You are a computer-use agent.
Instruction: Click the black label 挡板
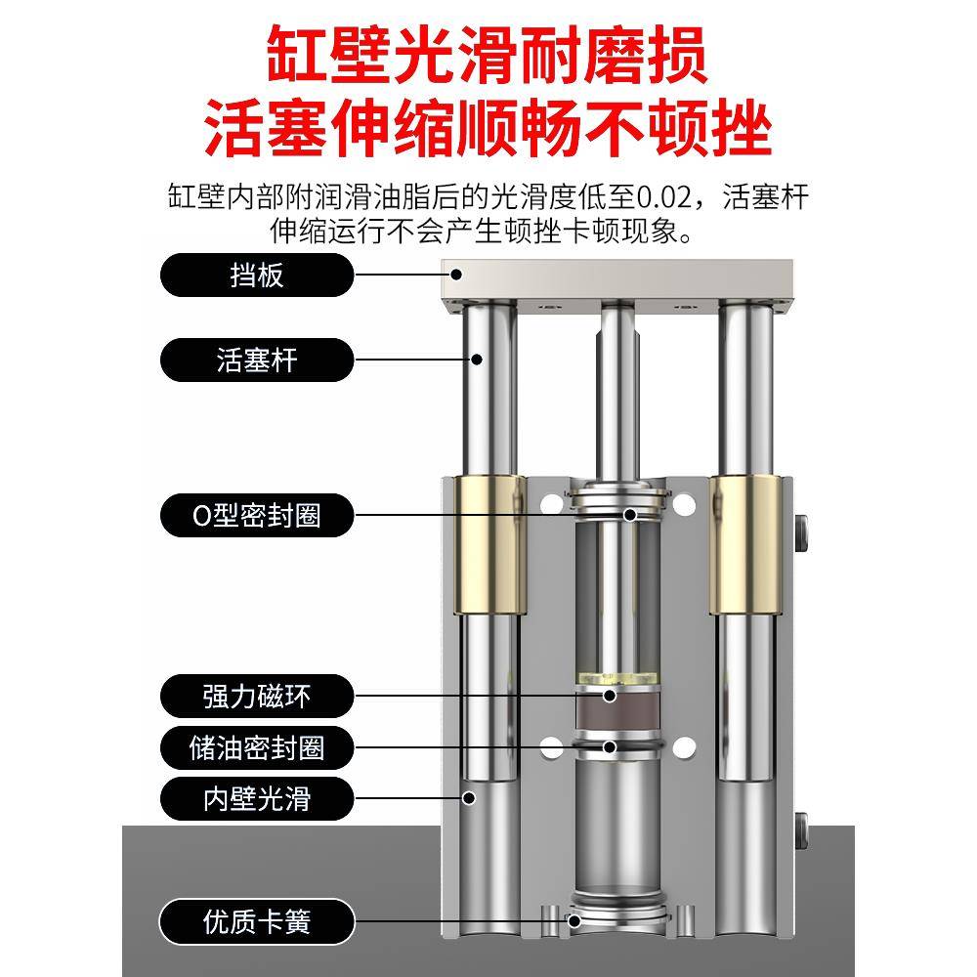pyautogui.click(x=256, y=275)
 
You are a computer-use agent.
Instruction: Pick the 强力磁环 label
pyautogui.click(x=256, y=697)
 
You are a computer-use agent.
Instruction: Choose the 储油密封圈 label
pyautogui.click(x=256, y=748)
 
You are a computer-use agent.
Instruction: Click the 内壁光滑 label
pyautogui.click(x=256, y=799)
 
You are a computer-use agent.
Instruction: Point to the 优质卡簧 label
pyautogui.click(x=256, y=920)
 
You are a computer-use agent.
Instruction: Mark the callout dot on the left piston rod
pyautogui.click(x=478, y=360)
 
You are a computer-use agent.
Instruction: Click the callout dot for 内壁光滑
pyautogui.click(x=469, y=798)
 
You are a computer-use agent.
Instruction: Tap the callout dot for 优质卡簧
pyautogui.click(x=575, y=920)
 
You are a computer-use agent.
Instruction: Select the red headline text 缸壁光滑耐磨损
pyautogui.click(x=488, y=57)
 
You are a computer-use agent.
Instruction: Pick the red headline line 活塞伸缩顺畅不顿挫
pyautogui.click(x=488, y=129)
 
